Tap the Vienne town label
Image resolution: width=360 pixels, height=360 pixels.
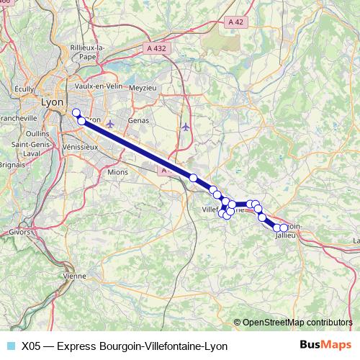pyautogui.click(x=74, y=276)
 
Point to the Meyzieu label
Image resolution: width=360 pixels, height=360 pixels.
pyautogui.click(x=142, y=87)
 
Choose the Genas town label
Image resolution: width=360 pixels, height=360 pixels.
pyautogui.click(x=137, y=120)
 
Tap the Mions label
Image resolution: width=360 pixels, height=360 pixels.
pyautogui.click(x=117, y=173)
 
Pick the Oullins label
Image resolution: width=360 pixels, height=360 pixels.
pyautogui.click(x=36, y=133)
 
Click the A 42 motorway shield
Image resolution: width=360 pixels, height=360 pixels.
pyautogui.click(x=233, y=23)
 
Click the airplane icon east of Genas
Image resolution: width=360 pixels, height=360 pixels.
pyautogui.click(x=186, y=127)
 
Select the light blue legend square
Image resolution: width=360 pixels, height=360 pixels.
pyautogui.click(x=10, y=346)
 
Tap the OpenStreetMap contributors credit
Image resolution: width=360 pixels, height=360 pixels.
pyautogui.click(x=297, y=322)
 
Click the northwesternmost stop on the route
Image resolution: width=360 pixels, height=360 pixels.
pyautogui.click(x=76, y=112)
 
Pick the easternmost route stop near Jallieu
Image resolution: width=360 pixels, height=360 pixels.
pyautogui.click(x=284, y=228)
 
